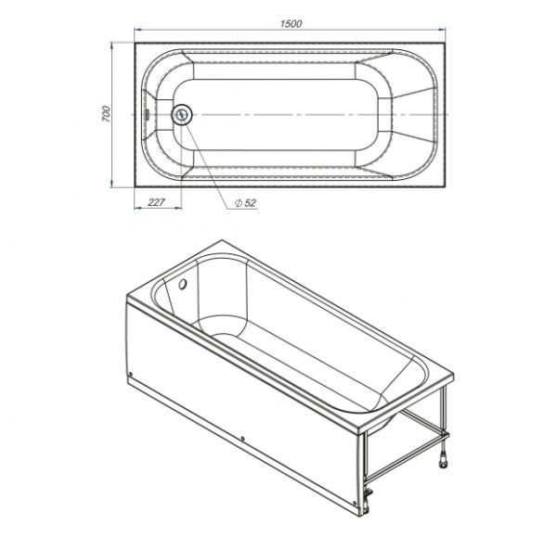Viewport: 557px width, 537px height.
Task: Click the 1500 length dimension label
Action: click(291, 23)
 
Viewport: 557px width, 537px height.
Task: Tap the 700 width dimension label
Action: click(107, 114)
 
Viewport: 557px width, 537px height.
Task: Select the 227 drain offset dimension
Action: click(157, 202)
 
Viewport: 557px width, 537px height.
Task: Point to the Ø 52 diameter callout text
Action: click(246, 202)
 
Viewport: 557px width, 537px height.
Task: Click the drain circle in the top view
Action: click(182, 115)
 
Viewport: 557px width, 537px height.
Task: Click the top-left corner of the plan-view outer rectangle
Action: click(136, 41)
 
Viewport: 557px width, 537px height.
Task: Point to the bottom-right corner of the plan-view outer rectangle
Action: click(450, 188)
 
